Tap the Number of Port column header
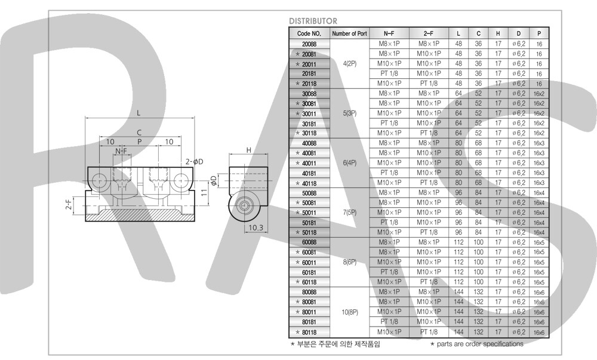coord(349,34)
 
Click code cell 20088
coord(309,44)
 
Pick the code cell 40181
coord(309,173)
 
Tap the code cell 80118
coord(309,332)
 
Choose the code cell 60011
coord(309,262)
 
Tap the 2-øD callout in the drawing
coord(195,162)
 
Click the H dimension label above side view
coord(249,150)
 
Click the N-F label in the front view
coord(121,152)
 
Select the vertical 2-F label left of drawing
coord(69,205)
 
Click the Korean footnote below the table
coord(335,344)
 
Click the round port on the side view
coord(244,205)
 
